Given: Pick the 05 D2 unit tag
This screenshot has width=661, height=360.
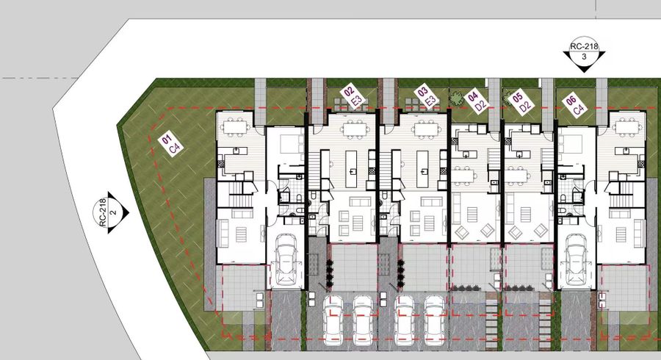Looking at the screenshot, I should pyautogui.click(x=521, y=101).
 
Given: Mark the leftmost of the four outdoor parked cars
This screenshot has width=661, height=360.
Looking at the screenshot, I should pyautogui.click(x=332, y=317).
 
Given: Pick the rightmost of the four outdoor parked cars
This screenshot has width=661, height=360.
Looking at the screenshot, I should pyautogui.click(x=434, y=317).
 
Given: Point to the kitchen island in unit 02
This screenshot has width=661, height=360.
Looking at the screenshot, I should pyautogui.click(x=353, y=166).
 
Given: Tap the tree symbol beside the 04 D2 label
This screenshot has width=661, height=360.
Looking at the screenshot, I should pyautogui.click(x=458, y=98).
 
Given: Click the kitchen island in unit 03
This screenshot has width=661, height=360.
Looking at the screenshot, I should pyautogui.click(x=424, y=166).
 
